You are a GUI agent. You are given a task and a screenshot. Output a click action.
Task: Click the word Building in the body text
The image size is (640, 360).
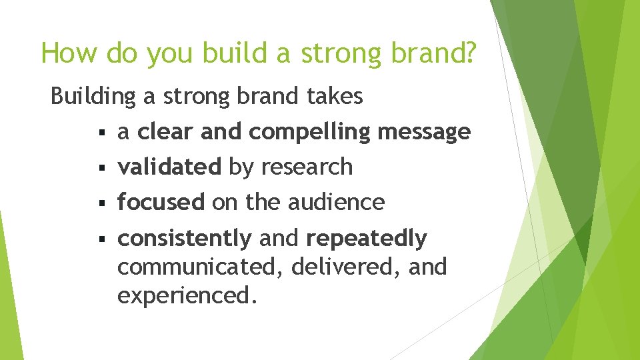point(93,97)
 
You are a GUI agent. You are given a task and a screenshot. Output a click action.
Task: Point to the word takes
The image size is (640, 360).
point(335,97)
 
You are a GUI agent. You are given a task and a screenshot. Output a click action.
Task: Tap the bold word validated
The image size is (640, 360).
point(169,167)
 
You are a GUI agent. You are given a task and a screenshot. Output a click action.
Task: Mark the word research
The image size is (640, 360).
point(307,167)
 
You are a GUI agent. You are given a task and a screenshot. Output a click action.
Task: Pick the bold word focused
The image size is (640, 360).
point(161,202)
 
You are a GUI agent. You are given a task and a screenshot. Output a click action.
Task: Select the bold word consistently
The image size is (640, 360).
point(185,238)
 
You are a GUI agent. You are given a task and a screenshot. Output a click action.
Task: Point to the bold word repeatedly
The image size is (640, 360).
point(366,239)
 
